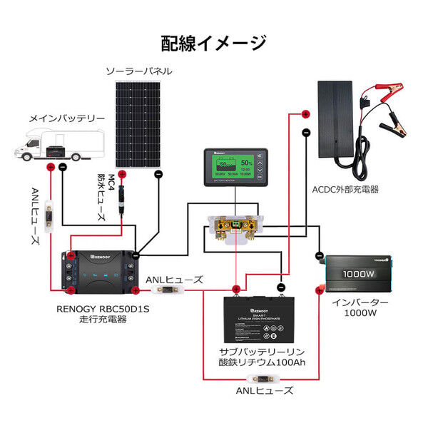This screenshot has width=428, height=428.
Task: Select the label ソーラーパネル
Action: (x=138, y=72)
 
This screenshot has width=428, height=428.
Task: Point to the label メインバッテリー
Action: (x=66, y=118)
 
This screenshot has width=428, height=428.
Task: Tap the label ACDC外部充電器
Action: (x=345, y=190)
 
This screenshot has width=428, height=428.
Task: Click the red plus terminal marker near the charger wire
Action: (x=305, y=114)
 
